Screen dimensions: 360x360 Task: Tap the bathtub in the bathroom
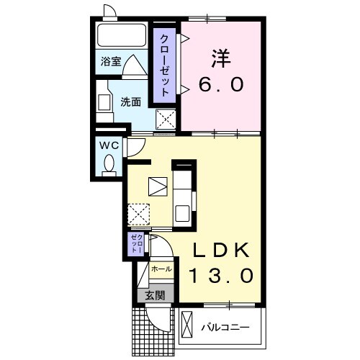[x=121, y=35]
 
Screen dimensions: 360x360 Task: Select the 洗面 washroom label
[x=130, y=102]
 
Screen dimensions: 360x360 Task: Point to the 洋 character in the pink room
[x=220, y=56]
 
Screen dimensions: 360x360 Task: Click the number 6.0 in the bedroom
[x=221, y=84]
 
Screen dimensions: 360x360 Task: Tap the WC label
[x=108, y=145]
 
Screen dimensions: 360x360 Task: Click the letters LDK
[x=222, y=250]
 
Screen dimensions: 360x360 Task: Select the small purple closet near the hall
[x=137, y=244]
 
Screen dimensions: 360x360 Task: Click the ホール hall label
[x=161, y=269]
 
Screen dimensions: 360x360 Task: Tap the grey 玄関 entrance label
[x=155, y=294]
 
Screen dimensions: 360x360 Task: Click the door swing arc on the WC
[x=135, y=147]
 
